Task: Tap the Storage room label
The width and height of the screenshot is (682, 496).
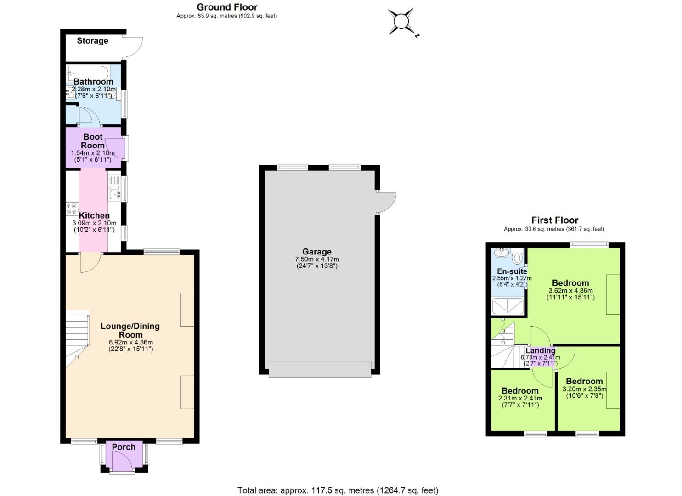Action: pos(92,41)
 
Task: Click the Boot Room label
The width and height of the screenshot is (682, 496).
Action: pos(93,141)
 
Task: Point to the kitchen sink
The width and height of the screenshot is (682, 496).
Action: pos(114,194)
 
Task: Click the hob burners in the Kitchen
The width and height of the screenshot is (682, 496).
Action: pos(72,209)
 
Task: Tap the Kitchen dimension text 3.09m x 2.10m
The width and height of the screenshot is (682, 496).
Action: pos(94,223)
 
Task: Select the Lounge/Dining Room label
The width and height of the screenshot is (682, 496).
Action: pos(130,330)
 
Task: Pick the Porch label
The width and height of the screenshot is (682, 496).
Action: pos(124,447)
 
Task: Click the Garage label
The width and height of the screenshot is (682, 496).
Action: pos(317,252)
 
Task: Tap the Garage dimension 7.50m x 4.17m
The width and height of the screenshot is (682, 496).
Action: pos(317,259)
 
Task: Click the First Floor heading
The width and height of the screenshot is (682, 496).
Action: pos(555,220)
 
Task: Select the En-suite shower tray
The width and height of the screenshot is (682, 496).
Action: pos(508,306)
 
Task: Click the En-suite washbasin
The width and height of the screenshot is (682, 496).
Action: pos(502,253)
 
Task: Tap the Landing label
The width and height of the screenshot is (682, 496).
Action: pos(541,351)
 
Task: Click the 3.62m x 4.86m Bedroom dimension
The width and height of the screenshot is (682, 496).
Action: pos(570,291)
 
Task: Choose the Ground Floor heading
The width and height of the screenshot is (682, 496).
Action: pos(227,7)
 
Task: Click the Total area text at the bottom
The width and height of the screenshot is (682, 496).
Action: pos(338,490)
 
